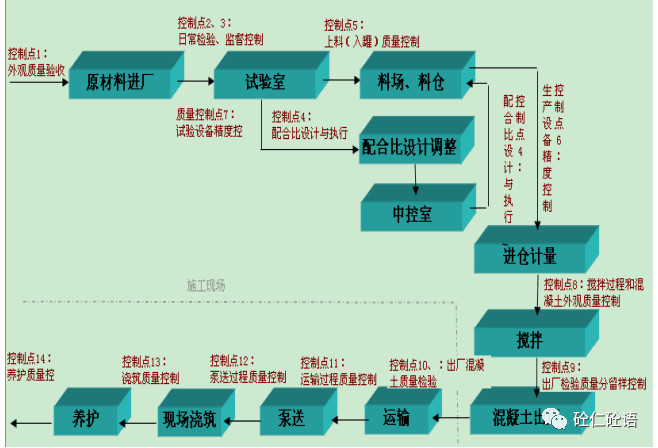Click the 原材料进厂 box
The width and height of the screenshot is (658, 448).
[x=120, y=81]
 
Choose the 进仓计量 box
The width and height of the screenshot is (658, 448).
[x=529, y=254]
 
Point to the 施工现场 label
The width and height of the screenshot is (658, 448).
[x=206, y=286]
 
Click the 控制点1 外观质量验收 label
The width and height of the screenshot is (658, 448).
[x=37, y=61]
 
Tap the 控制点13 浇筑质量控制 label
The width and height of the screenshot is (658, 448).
[x=150, y=370]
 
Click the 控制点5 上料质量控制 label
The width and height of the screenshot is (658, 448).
[x=371, y=33]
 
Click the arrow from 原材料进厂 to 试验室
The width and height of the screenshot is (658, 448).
[x=198, y=77]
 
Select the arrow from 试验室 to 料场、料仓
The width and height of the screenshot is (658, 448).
[x=343, y=77]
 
